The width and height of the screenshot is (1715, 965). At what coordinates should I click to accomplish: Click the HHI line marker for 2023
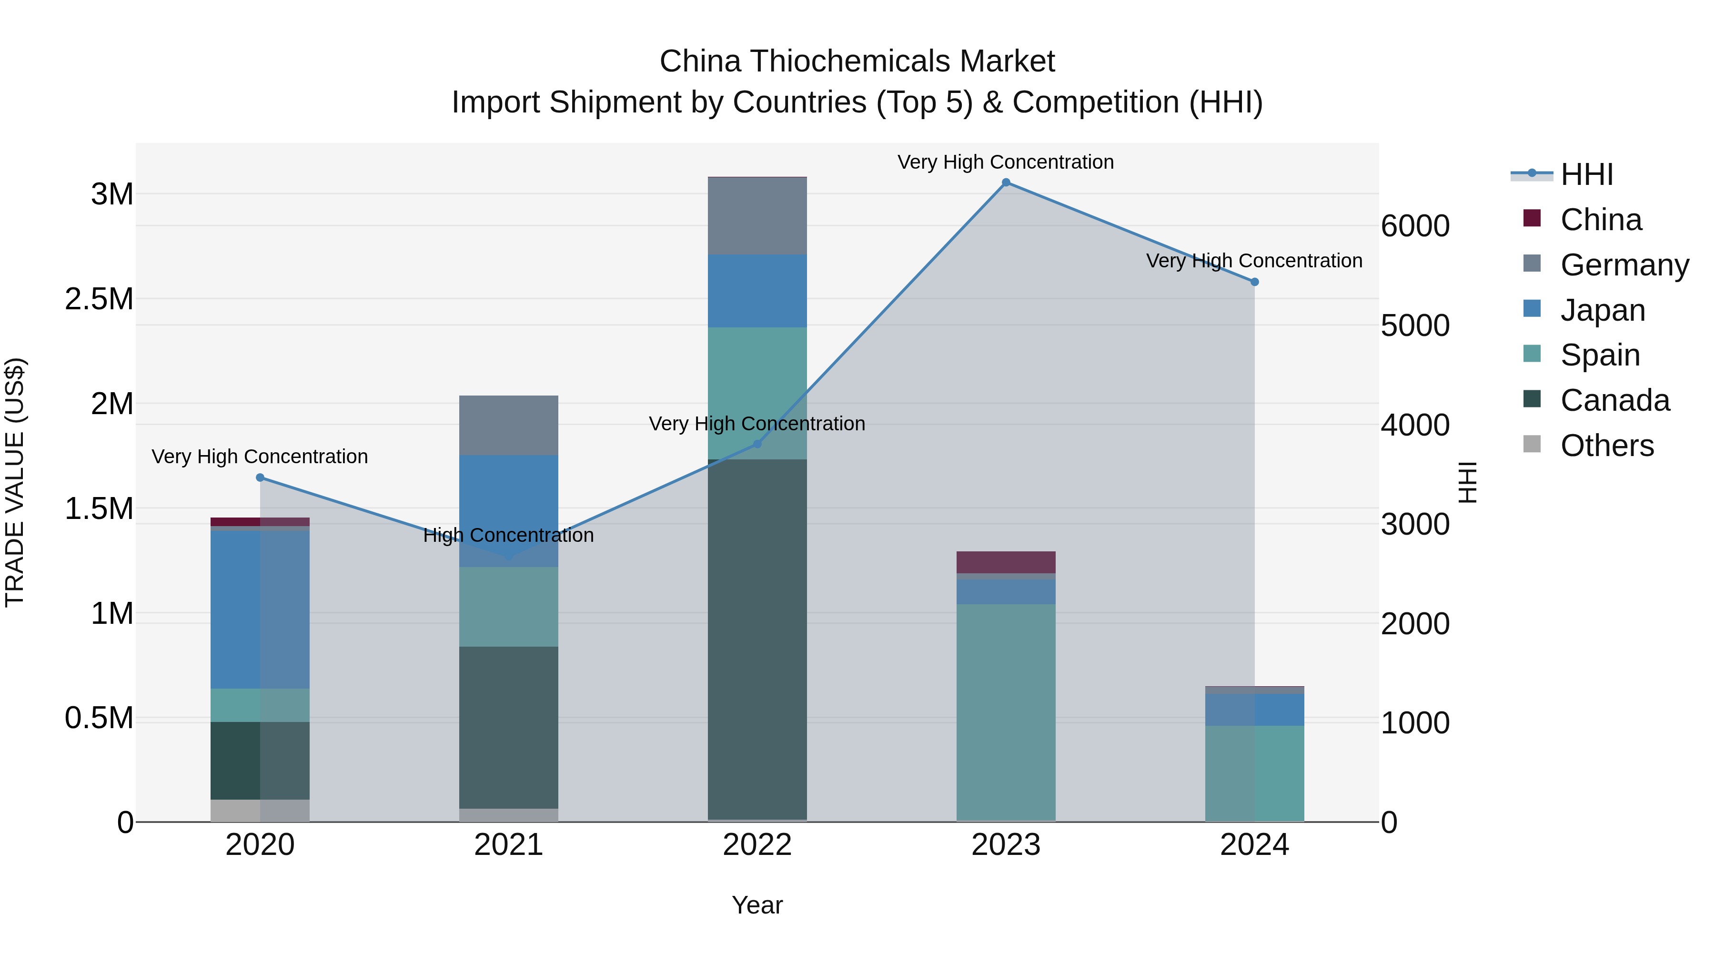1006,183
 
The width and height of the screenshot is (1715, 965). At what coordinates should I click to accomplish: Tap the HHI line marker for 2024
1255,282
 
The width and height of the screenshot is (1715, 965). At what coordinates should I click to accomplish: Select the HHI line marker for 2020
260,477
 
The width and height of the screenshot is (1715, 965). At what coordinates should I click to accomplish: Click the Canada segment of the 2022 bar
757,640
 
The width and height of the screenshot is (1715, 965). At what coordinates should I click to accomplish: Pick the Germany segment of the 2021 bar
509,425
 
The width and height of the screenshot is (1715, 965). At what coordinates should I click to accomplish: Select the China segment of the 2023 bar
1006,562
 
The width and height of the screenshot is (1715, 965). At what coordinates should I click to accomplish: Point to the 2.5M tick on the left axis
99,299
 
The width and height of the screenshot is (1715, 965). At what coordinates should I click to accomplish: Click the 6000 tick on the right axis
1415,226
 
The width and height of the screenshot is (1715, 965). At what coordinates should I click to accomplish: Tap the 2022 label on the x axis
757,844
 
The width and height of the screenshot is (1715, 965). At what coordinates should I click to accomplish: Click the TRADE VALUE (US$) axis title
15,482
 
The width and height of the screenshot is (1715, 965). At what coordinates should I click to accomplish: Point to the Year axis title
757,905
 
